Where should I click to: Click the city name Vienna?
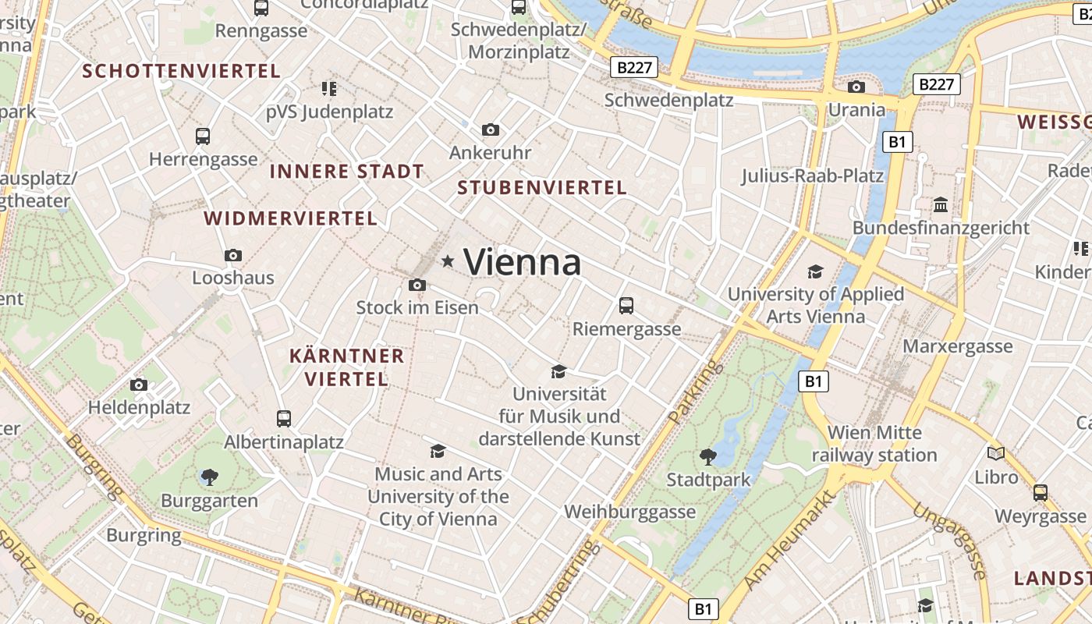(x=523, y=262)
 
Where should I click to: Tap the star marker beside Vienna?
(x=448, y=261)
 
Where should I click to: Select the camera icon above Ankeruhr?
(x=490, y=129)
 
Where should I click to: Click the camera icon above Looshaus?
(x=232, y=255)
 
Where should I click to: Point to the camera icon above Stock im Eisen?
(x=417, y=285)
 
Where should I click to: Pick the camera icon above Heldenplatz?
(x=139, y=385)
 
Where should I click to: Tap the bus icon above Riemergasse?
(x=626, y=305)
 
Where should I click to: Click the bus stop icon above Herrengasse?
(x=203, y=136)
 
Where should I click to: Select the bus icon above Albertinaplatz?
(x=284, y=419)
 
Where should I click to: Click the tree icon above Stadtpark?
(x=708, y=456)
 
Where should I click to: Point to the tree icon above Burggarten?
(x=209, y=477)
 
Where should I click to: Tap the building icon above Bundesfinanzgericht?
(x=941, y=205)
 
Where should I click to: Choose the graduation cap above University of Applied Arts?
(x=815, y=271)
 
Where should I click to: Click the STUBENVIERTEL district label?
(x=542, y=188)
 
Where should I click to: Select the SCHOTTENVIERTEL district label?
(x=182, y=71)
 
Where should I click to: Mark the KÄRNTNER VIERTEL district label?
(x=347, y=368)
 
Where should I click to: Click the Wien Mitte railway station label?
(x=874, y=444)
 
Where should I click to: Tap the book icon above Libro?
(x=996, y=453)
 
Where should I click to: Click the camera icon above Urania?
(x=856, y=87)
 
